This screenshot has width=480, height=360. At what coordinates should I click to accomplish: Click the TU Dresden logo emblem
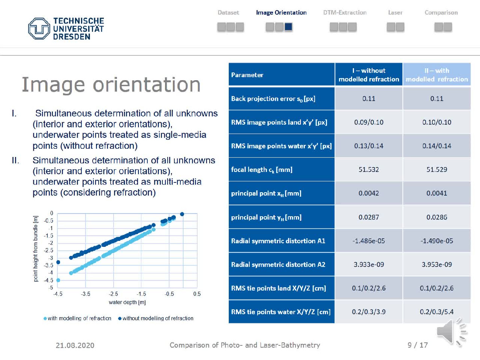point(39,28)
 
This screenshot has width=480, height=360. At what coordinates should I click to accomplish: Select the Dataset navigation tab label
point(228,12)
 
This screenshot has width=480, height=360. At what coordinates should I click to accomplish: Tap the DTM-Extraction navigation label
point(345,12)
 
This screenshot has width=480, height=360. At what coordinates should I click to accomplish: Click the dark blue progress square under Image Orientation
point(288,27)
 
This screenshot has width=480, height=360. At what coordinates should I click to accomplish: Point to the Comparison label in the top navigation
point(441,12)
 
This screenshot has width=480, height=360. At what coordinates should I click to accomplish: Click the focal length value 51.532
point(369,169)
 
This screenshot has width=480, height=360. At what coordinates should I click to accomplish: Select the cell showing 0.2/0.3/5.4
point(436,312)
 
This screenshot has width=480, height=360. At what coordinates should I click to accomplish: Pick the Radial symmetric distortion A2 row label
point(278,264)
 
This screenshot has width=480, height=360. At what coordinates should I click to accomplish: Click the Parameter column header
point(247,75)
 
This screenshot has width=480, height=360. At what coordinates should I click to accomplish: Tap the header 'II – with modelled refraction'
point(436,75)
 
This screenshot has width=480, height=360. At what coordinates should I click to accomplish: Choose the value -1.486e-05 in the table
point(369,241)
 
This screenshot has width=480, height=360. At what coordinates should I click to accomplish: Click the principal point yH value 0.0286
point(436,217)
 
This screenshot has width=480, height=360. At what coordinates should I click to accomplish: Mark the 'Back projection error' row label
point(273,99)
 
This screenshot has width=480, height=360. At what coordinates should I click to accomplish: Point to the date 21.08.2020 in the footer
point(75,345)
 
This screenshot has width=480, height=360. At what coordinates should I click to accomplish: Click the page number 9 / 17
point(417,345)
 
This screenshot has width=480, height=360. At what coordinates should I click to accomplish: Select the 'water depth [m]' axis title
point(127,302)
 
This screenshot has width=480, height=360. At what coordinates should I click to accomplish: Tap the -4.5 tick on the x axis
point(58,294)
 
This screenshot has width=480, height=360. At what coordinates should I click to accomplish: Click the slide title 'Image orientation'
point(111,84)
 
